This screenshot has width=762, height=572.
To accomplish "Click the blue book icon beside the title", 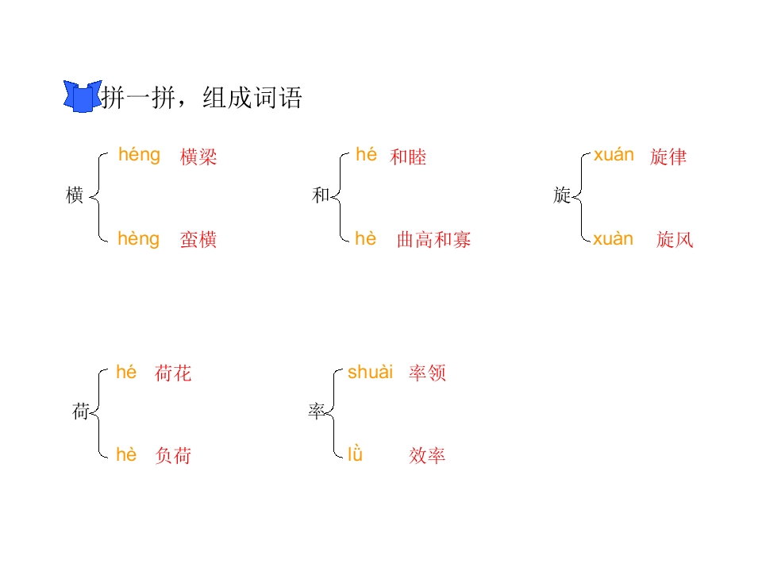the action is coord(82,96).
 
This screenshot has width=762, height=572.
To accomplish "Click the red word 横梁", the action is coord(198,157).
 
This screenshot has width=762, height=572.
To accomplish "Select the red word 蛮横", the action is coord(198,239).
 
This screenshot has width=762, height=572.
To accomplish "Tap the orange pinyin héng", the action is coord(139,155).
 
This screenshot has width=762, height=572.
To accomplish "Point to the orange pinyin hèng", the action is coord(138,239).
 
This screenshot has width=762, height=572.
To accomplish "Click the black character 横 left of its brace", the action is coord(75,195).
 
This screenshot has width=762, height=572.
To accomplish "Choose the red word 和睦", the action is coord(408,157).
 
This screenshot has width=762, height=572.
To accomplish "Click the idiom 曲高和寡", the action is coord(434,239).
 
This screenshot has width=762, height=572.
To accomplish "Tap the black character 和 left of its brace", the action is coord(321,195).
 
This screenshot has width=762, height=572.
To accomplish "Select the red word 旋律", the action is coord(668,157).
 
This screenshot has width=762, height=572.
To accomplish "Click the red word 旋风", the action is coord(675,239).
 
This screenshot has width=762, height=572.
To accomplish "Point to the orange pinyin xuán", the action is coord(614,155).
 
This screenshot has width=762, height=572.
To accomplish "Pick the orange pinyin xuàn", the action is coord(614,239).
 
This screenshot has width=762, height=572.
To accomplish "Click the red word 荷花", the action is coord(173,373).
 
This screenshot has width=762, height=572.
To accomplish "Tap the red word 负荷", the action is coord(173,456).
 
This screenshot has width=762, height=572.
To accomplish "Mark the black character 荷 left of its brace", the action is coord(81,412).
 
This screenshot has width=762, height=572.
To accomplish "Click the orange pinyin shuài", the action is coord(371,372).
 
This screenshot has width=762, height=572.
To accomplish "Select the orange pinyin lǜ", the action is coord(356,454).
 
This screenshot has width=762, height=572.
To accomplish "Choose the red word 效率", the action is coord(427,456).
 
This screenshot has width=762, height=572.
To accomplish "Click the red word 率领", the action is coord(427,373).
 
